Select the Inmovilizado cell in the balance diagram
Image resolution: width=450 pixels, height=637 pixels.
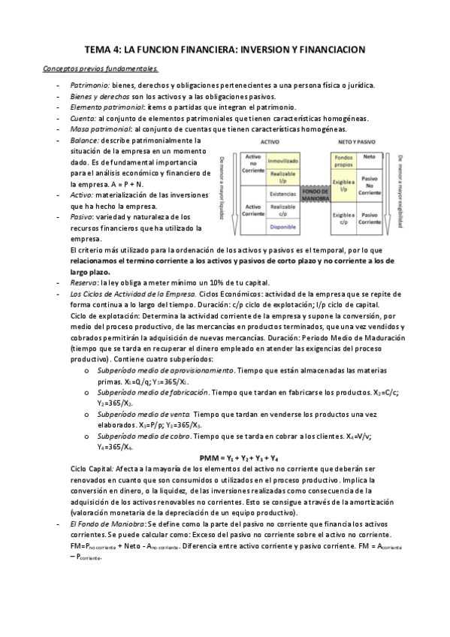pyautogui.click(x=283, y=160)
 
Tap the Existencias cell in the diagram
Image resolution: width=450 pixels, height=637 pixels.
pyautogui.click(x=283, y=192)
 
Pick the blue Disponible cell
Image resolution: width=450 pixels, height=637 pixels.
pyautogui.click(x=283, y=225)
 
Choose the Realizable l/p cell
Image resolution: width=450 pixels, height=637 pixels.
pyautogui.click(x=283, y=176)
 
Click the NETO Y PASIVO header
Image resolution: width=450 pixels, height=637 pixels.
pyautogui.click(x=357, y=141)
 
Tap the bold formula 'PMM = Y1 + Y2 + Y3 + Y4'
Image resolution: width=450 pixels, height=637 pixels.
pyautogui.click(x=240, y=457)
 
